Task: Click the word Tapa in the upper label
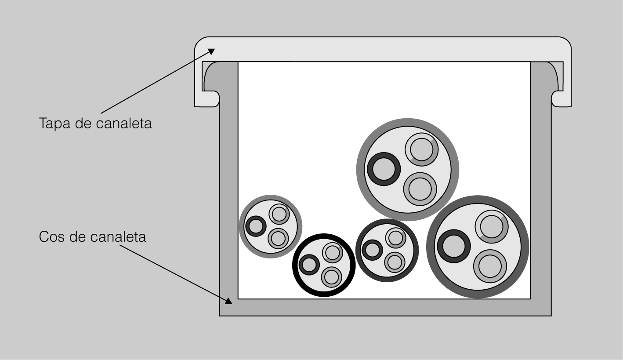pyautogui.click(x=54, y=124)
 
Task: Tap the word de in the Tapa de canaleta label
pyautogui.click(x=83, y=124)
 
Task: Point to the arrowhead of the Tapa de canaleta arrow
pyautogui.click(x=211, y=51)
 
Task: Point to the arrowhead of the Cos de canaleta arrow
pyautogui.click(x=228, y=301)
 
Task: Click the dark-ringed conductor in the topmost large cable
pyautogui.click(x=384, y=169)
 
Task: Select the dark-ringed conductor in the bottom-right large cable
pyautogui.click(x=454, y=246)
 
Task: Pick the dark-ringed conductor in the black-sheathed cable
pyautogui.click(x=309, y=265)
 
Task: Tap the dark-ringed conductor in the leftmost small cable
pyautogui.click(x=256, y=226)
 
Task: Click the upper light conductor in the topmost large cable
pyautogui.click(x=422, y=149)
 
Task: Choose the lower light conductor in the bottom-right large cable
pyautogui.click(x=490, y=266)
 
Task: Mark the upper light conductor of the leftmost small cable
pyautogui.click(x=279, y=214)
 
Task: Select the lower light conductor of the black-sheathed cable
pyautogui.click(x=332, y=277)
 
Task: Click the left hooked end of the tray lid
pyautogui.click(x=207, y=99)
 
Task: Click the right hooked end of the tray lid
pyautogui.click(x=561, y=99)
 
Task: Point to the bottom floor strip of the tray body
pyautogui.click(x=385, y=307)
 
